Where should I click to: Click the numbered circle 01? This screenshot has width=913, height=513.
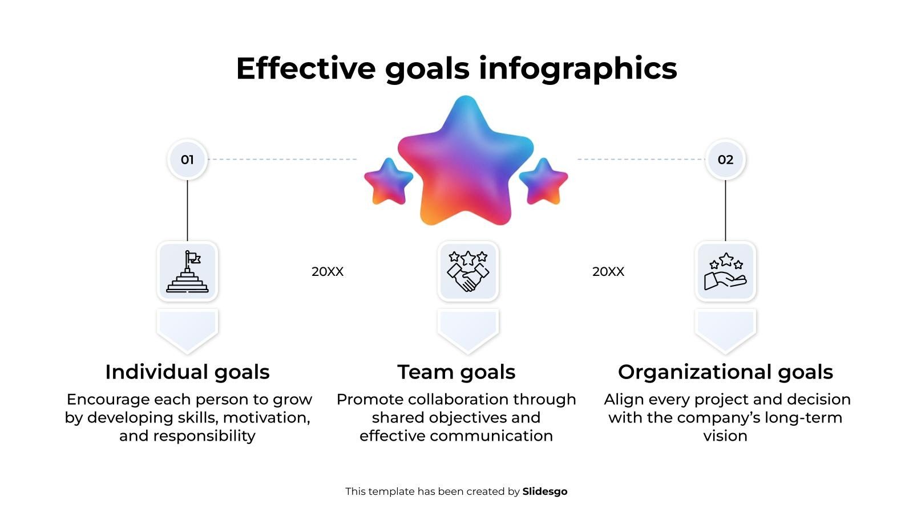tap(187, 159)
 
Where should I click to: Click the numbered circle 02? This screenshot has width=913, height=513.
tap(725, 159)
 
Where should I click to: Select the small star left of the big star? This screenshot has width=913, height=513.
tap(389, 182)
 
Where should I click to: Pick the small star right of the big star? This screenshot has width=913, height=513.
tap(543, 182)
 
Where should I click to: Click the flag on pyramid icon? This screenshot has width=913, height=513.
tap(187, 271)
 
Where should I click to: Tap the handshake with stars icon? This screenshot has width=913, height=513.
tap(468, 271)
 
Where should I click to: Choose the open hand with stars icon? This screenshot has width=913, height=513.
tap(725, 271)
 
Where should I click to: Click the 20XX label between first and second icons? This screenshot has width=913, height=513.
tap(328, 271)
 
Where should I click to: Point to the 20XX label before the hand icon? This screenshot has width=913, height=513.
tap(608, 271)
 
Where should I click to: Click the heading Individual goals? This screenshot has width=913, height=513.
tap(188, 372)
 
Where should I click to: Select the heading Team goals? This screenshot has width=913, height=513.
tap(457, 372)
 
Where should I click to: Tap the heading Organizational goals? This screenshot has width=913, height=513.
tap(725, 372)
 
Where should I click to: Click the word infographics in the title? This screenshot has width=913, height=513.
tap(577, 68)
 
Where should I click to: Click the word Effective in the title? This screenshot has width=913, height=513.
tap(306, 68)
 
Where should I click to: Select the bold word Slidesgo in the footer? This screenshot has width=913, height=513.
tap(545, 491)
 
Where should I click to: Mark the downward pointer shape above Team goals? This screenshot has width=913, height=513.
tap(468, 330)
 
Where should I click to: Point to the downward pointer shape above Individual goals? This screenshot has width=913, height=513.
tap(187, 330)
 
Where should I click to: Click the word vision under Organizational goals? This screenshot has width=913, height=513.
tap(725, 436)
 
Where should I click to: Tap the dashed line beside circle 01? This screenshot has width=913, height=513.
tap(283, 159)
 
